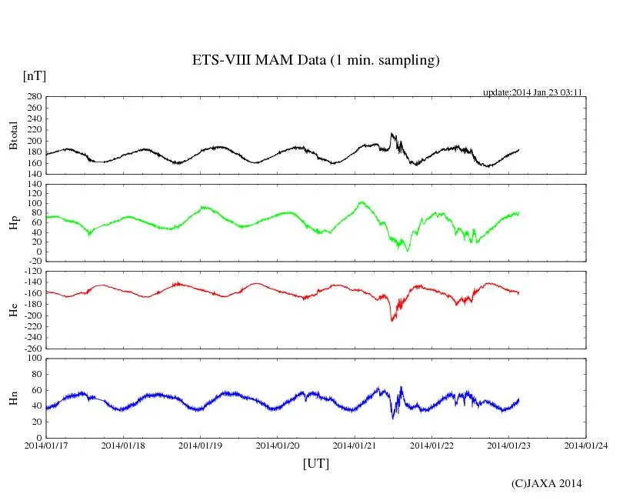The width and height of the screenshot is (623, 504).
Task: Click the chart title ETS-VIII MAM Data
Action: pos(315,60)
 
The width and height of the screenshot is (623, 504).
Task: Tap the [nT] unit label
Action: pos(34,76)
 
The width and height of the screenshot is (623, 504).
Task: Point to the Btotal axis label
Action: pos(13,135)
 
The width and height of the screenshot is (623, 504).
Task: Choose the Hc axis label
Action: pos(13,309)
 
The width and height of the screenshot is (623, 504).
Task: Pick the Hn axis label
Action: pos(13,398)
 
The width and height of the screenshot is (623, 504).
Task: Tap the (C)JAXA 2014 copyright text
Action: pos(547,483)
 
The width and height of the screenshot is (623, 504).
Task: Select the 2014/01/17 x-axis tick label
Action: pos(46,445)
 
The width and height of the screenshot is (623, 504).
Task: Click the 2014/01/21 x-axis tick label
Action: pos(355,445)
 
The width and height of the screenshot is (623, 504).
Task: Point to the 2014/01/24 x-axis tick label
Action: pos(586,445)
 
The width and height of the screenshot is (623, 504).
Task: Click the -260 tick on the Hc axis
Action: pos(32,348)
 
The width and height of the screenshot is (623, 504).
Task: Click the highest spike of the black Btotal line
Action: pos(391,134)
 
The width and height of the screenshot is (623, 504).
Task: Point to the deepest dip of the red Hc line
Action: pos(392,320)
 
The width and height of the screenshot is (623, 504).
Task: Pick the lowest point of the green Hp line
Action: pos(408,251)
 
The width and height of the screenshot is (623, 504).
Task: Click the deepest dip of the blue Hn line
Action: pos(393,418)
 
